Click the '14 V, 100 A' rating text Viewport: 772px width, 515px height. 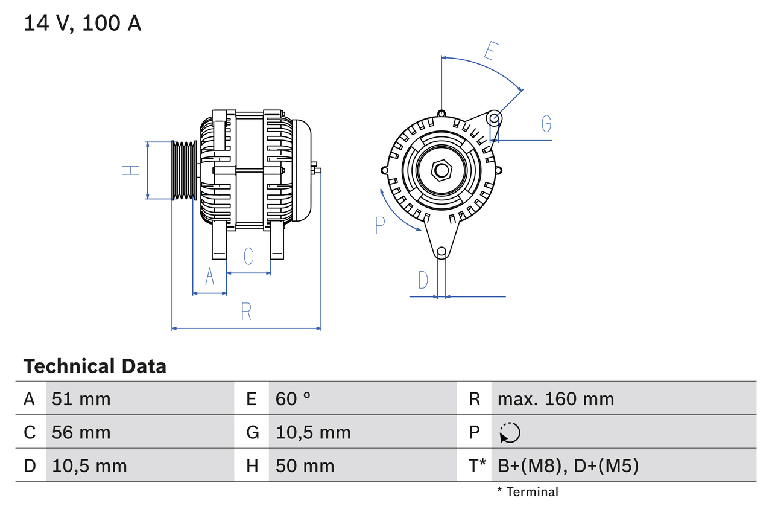[83, 24]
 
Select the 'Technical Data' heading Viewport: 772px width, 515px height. [95, 366]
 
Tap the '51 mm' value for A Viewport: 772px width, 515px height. [81, 398]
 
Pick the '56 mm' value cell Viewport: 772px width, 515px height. [81, 432]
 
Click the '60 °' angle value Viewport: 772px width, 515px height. [293, 398]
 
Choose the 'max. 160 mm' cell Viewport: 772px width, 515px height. [555, 398]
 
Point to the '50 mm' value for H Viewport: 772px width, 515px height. [305, 465]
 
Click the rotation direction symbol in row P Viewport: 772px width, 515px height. [510, 432]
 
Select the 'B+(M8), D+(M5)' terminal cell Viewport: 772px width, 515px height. [568, 465]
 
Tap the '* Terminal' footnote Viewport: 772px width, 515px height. [528, 492]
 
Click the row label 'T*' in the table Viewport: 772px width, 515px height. [477, 465]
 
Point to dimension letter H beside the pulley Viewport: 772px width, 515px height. [131, 170]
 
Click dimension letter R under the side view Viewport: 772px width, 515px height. [246, 312]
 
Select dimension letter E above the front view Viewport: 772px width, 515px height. [491, 52]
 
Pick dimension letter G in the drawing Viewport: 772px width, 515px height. [546, 123]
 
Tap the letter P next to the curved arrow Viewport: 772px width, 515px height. [379, 225]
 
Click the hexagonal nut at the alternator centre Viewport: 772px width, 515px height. [441, 170]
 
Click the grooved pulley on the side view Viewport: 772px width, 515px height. [184, 170]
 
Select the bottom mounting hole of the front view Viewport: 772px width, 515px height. [441, 251]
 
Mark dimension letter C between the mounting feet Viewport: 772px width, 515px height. [248, 257]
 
